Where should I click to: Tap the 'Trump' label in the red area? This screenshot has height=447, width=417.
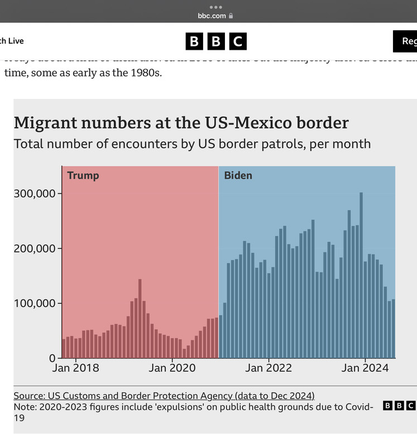point(83,175)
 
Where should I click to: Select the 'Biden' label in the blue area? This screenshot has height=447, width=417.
point(238,175)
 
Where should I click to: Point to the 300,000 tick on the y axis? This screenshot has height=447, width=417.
point(34,193)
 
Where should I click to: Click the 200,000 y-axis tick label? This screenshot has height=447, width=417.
point(34,248)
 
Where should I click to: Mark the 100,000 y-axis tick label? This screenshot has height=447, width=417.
point(34,303)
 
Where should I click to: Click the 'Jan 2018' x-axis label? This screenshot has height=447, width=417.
point(75,368)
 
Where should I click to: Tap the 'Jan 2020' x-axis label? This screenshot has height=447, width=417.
point(172,368)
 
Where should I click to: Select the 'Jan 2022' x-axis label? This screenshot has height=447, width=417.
point(269,368)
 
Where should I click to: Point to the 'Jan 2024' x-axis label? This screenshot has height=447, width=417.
point(365,368)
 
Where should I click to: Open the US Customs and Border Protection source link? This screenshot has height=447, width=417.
point(164,396)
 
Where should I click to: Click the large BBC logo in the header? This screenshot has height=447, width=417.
point(216,41)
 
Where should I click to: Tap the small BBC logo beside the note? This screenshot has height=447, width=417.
point(399,406)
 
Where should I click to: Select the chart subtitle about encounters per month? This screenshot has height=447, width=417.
point(192,144)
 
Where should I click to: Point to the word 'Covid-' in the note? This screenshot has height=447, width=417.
point(358,407)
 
